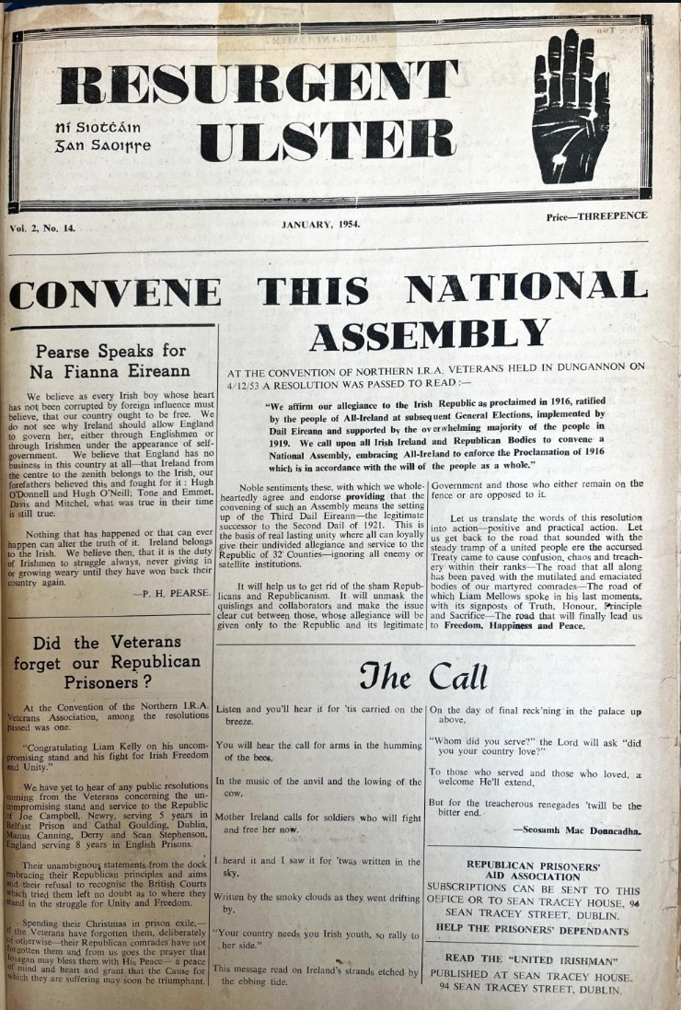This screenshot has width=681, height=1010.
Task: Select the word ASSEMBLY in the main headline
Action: (430, 337)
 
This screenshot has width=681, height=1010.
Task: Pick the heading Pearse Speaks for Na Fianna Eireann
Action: (111, 362)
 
